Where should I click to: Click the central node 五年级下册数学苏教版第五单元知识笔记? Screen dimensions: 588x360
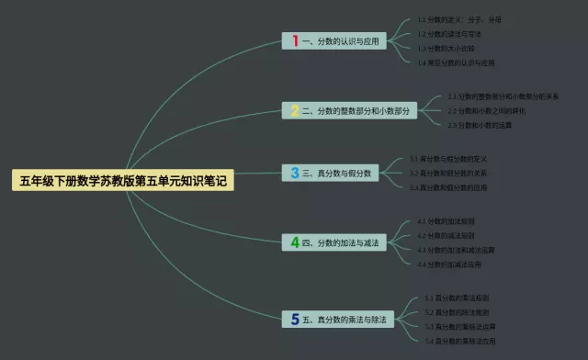click(123, 181)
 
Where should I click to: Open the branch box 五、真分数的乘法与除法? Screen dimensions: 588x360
click(338, 319)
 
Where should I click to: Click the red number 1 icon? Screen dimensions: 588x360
click(295, 40)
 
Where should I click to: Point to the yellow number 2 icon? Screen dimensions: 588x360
click(295, 111)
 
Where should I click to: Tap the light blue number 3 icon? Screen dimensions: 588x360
click(295, 172)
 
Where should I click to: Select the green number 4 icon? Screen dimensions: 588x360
click(295, 242)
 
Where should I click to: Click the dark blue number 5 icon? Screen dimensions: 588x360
click(295, 319)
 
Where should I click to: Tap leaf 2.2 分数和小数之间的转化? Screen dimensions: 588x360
click(487, 110)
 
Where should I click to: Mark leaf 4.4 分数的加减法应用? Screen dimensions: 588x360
click(449, 264)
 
